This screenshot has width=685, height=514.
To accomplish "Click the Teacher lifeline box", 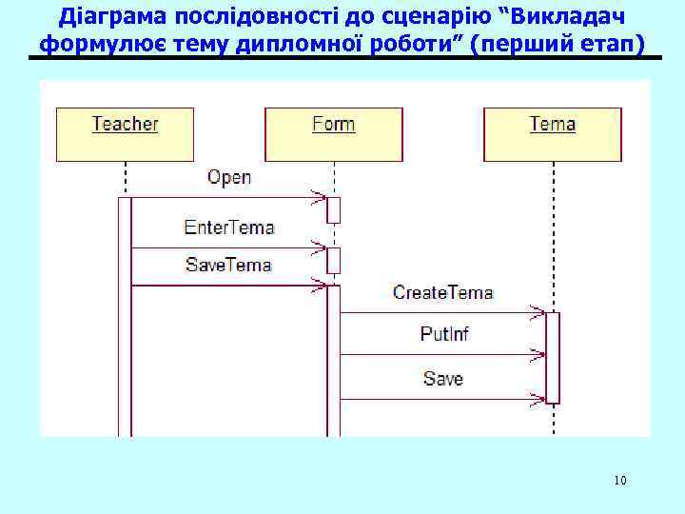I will click(x=125, y=133).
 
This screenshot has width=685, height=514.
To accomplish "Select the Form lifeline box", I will click(x=333, y=133).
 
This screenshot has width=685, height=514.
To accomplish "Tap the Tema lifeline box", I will click(x=552, y=133).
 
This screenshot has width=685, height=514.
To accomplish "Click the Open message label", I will click(x=229, y=177).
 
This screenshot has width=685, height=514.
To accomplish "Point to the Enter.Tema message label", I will click(x=228, y=227).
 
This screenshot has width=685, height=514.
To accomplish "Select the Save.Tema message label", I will click(x=228, y=266).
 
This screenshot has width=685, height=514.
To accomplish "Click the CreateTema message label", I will click(x=442, y=292).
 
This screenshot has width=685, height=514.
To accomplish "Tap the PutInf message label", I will click(x=444, y=334).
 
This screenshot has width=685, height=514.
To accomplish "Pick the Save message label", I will click(x=443, y=379).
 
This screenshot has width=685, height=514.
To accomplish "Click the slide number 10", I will click(x=620, y=480).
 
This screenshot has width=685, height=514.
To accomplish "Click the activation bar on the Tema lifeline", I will click(x=553, y=357).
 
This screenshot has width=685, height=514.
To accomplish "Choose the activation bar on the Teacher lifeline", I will click(x=125, y=314).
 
